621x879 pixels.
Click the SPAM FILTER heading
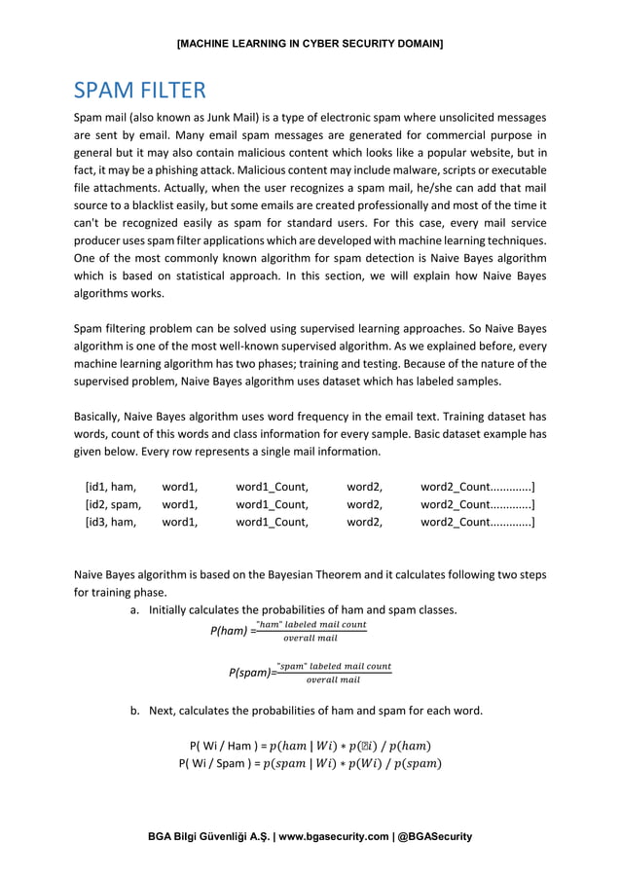[x=139, y=91]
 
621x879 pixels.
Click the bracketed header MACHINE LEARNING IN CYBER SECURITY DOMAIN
[x=310, y=45]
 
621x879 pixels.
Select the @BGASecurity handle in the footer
[x=435, y=836]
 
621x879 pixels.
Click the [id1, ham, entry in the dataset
[x=110, y=486]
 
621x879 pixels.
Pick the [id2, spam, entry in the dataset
[x=113, y=504]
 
